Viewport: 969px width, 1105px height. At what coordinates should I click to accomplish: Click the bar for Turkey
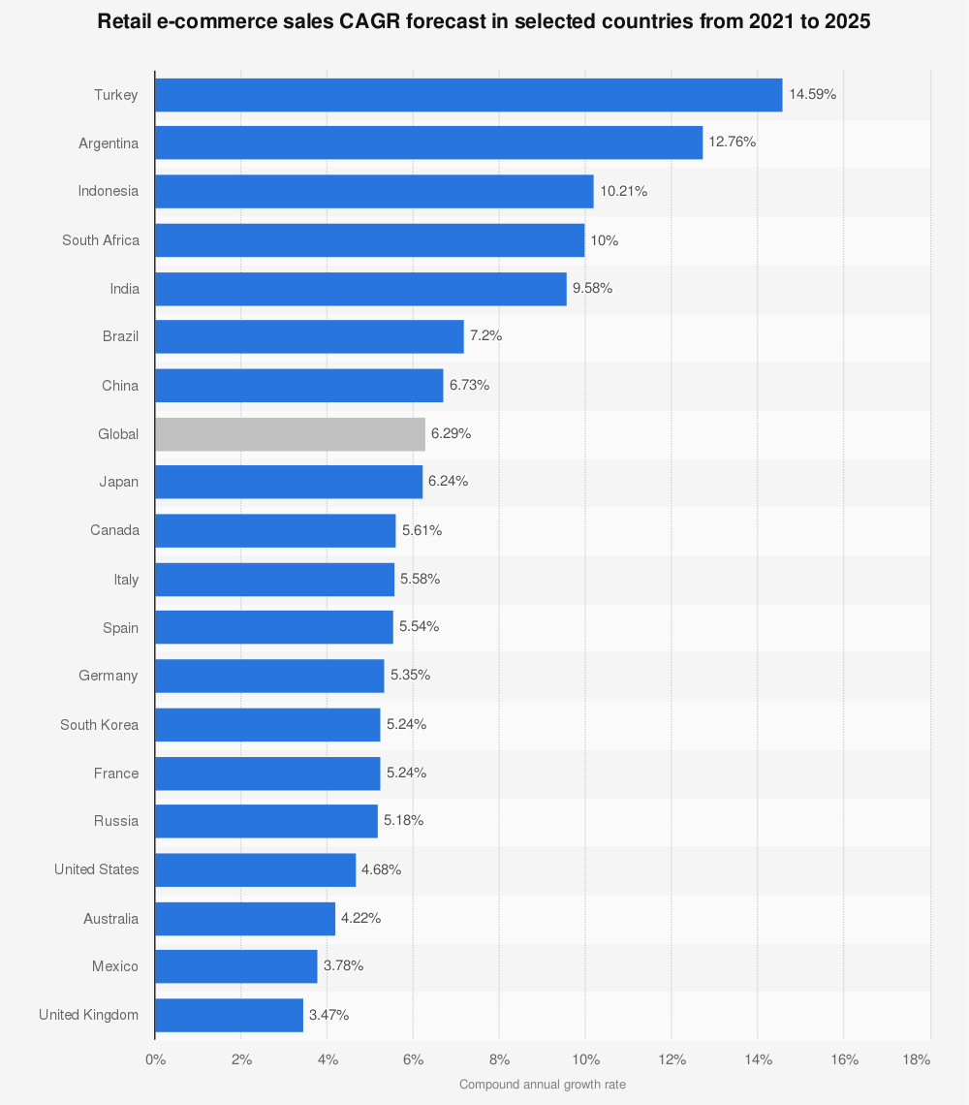[x=468, y=95]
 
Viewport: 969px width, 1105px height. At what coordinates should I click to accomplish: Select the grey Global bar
[x=290, y=434]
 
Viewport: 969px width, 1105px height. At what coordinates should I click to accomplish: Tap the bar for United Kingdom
[x=229, y=1015]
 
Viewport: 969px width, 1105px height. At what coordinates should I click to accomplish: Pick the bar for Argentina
[x=428, y=142]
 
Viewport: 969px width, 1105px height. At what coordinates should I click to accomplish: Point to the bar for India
[x=360, y=289]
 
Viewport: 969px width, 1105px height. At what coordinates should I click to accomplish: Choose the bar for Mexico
[x=235, y=966]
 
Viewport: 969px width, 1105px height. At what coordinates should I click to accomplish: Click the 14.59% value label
[x=812, y=94]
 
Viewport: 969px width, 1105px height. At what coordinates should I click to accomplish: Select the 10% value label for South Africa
[x=604, y=239]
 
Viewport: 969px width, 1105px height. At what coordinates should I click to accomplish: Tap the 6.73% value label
[x=469, y=385]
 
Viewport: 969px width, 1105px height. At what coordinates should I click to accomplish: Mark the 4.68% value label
[x=381, y=869]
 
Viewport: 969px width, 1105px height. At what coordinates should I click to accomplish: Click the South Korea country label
[x=99, y=724]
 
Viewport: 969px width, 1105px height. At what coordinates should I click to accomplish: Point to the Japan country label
[x=118, y=482]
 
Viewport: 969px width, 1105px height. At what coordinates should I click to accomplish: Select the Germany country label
[x=109, y=676]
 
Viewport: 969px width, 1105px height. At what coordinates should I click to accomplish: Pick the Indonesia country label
[x=109, y=191]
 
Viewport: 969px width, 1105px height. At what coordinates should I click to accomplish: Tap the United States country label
[x=96, y=869]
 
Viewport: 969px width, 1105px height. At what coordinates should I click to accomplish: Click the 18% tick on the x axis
[x=916, y=1059]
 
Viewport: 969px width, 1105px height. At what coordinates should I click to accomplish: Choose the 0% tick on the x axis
[x=155, y=1059]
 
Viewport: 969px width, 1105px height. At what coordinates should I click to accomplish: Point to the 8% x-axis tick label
[x=499, y=1059]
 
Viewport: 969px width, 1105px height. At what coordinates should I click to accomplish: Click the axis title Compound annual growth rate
[x=543, y=1085]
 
